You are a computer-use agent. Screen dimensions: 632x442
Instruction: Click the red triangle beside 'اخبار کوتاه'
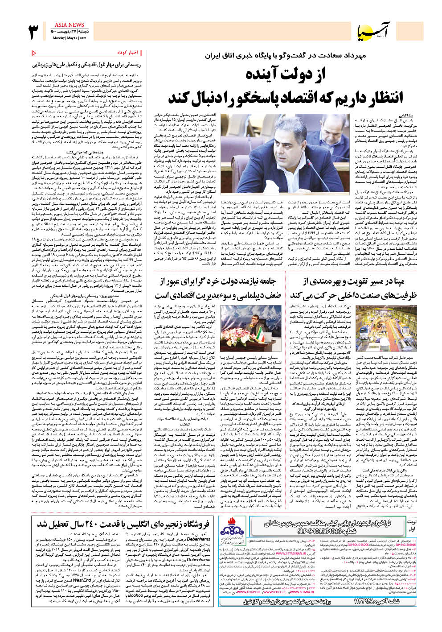click(34, 53)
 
